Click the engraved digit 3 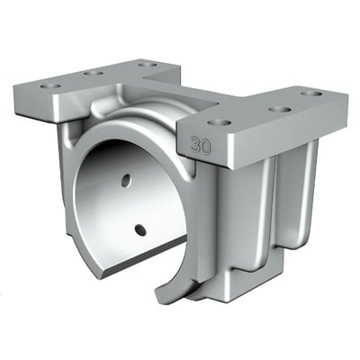195,146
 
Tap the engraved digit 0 206,148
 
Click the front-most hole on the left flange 50,86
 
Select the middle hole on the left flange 94,73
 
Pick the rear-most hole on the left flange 148,64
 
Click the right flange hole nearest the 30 220,123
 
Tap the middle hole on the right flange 280,109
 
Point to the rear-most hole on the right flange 311,94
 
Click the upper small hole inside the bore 126,180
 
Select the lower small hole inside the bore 140,230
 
